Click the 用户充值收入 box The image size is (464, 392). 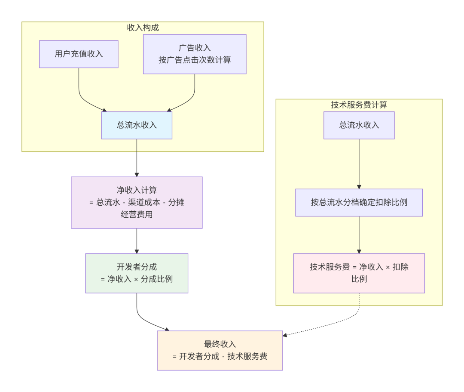79,54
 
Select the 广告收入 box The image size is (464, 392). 195,54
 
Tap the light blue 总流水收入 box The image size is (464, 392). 137,125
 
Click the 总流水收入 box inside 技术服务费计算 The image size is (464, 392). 359,125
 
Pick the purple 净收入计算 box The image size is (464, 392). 137,202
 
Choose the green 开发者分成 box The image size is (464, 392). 137,273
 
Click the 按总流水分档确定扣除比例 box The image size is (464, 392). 359,202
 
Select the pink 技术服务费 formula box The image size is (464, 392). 359,273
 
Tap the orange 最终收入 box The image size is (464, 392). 220,350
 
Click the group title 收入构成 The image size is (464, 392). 143,28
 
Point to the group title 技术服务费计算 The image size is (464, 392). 359,105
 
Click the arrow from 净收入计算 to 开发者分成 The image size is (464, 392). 137,241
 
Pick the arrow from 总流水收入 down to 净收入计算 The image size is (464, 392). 137,158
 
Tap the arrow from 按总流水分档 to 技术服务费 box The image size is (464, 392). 359,235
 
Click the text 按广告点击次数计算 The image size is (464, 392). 195,60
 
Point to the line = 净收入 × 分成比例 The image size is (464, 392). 137,279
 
